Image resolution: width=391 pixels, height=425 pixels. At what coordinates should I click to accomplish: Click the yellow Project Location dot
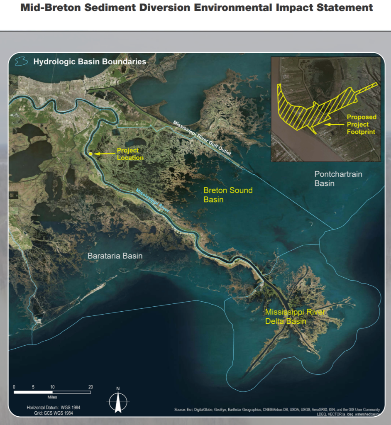90,154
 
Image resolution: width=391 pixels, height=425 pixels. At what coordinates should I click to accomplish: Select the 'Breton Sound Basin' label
228,195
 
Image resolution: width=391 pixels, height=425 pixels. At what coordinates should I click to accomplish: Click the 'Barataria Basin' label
115,256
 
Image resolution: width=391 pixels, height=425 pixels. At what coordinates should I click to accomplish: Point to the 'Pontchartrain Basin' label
338,178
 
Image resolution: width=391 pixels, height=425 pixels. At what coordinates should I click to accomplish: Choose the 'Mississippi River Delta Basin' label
295,317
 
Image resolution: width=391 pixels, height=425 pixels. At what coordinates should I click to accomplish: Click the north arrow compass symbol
118,401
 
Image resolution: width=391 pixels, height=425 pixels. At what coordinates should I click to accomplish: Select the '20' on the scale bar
90,387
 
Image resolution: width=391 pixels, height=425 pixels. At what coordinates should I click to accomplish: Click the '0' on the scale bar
14,387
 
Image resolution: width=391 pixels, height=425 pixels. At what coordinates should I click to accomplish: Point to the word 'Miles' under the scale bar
52,397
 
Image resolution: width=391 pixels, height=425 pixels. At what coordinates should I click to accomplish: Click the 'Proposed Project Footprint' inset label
361,125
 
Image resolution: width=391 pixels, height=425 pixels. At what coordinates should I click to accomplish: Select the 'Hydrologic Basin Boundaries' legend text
90,62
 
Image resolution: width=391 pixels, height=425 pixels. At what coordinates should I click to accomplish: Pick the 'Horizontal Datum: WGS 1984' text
54,408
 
